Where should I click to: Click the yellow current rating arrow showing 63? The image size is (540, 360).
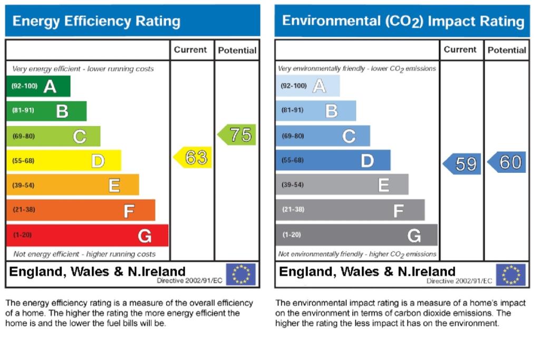(x=192, y=158)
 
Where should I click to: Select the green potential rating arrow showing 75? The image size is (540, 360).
(x=237, y=134)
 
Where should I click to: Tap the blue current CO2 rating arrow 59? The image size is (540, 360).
(x=462, y=164)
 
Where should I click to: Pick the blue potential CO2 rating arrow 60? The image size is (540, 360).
(x=507, y=162)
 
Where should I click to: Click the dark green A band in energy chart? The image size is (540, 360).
(x=38, y=86)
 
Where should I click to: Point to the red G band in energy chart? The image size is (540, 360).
(x=88, y=236)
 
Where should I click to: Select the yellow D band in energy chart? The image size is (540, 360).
(x=64, y=160)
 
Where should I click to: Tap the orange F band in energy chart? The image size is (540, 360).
(x=81, y=210)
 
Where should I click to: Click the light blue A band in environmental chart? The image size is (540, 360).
(x=308, y=86)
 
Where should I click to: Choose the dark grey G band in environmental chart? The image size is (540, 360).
(x=357, y=235)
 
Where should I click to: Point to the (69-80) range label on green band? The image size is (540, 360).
(x=24, y=137)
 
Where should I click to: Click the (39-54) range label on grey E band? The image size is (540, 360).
(x=293, y=185)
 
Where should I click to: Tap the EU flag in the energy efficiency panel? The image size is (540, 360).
(x=241, y=274)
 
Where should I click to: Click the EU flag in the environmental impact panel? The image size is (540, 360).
(x=510, y=275)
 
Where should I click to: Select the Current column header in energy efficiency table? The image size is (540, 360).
(x=190, y=50)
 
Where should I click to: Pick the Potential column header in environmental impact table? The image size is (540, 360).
(x=507, y=50)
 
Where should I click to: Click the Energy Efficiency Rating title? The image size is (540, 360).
(x=97, y=21)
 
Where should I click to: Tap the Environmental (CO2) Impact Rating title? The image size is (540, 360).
(x=403, y=21)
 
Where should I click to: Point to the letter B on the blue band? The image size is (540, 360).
(x=332, y=111)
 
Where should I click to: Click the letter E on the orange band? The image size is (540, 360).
(x=114, y=185)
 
